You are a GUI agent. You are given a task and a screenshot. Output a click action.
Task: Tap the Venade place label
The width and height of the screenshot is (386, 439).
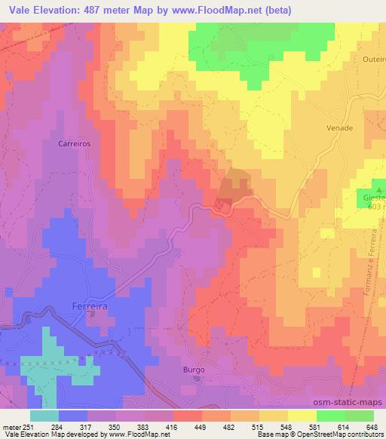click(340, 128)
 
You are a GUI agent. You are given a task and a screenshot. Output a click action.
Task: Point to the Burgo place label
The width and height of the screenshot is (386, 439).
click(194, 370)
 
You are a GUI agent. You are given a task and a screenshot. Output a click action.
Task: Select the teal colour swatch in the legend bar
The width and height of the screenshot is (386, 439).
click(45, 416)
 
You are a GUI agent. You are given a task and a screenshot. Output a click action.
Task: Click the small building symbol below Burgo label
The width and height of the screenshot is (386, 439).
click(197, 379)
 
